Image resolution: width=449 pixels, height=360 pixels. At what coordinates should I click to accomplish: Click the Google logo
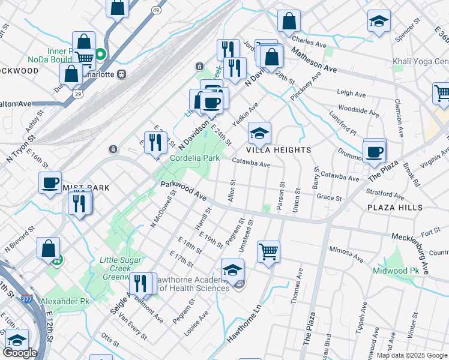pyautogui.click(x=20, y=353)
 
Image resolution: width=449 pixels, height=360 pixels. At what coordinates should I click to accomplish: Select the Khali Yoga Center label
pyautogui.click(x=421, y=62)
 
